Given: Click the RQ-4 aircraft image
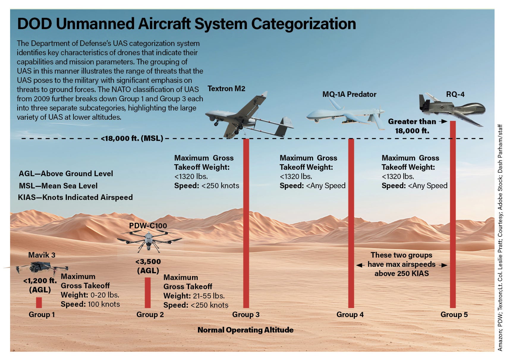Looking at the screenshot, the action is click(x=452, y=108).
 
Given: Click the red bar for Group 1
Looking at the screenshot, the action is click(x=39, y=302).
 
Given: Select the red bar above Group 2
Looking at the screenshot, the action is click(x=148, y=293).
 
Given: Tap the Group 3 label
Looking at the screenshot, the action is click(x=246, y=315).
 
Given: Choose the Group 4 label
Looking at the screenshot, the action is click(x=350, y=315).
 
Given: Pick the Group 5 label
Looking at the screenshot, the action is click(x=454, y=315).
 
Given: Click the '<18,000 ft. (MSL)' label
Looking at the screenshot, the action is click(x=132, y=138).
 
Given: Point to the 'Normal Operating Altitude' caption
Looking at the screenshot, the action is click(x=245, y=330).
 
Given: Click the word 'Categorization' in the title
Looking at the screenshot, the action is click(x=303, y=24).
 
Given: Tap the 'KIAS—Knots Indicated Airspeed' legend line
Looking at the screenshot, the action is click(x=75, y=197).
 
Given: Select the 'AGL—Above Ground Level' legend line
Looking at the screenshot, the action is click(x=66, y=173).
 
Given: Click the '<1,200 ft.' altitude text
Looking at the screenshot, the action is click(x=40, y=281).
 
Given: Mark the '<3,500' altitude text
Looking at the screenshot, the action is click(x=148, y=262).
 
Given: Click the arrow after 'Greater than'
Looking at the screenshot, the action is click(x=443, y=121).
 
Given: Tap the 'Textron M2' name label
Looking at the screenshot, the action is click(x=226, y=89).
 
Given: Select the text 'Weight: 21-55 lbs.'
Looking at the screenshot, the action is click(x=194, y=296).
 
